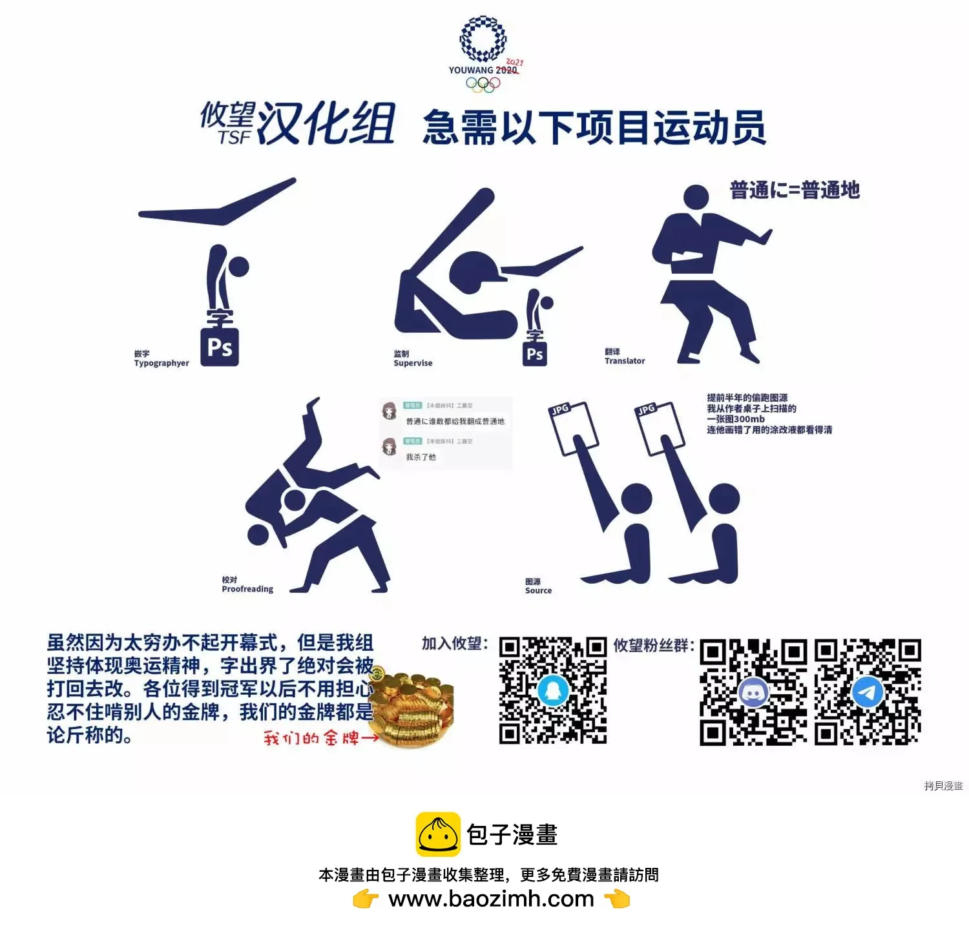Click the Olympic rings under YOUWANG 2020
(x=483, y=85)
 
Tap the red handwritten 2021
(x=515, y=63)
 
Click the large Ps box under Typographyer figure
(x=220, y=347)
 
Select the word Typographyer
(x=161, y=363)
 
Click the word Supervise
(x=413, y=363)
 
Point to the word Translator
(x=625, y=361)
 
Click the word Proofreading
(x=247, y=589)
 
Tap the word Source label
(x=538, y=590)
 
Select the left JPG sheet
(x=571, y=426)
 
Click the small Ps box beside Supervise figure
(x=535, y=354)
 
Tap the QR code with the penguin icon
(x=552, y=690)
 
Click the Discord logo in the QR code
(x=753, y=693)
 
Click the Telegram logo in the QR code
(x=868, y=693)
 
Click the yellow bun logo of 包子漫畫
(x=438, y=834)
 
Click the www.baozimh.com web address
(x=491, y=898)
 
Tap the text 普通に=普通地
(x=795, y=190)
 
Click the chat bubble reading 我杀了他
(x=421, y=457)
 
